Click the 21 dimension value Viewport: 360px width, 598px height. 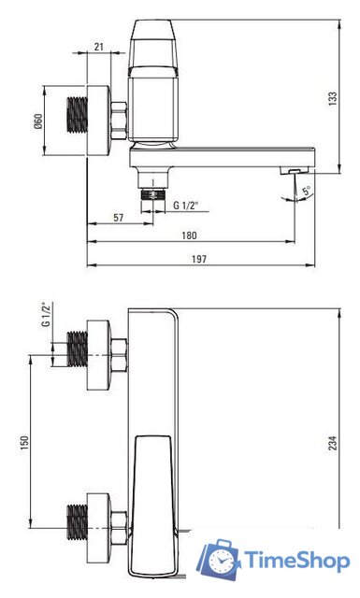[x=98, y=47]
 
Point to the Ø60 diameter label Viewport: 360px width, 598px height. [x=38, y=121]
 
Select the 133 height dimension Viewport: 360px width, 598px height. [x=333, y=98]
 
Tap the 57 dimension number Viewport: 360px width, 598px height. [x=119, y=218]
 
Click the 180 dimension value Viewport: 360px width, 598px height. [x=189, y=235]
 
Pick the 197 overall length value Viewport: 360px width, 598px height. [x=198, y=260]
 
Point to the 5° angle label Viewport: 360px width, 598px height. [x=307, y=191]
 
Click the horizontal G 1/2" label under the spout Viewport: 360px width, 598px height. [x=186, y=206]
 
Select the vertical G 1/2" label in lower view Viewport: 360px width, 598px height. [x=47, y=314]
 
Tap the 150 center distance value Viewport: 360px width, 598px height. [x=24, y=443]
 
